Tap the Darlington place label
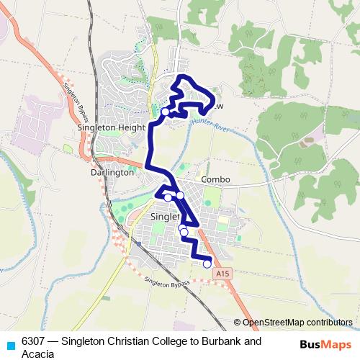[x=112, y=173]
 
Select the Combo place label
[x=215, y=179]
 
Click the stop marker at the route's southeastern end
[x=207, y=264]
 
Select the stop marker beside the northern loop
[x=166, y=112]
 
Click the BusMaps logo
[x=325, y=344]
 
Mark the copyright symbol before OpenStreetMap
[x=237, y=323]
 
